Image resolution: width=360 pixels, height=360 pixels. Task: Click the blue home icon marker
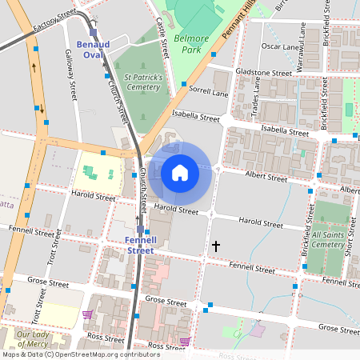[x=180, y=172]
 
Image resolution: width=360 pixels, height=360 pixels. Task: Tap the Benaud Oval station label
[x=94, y=50]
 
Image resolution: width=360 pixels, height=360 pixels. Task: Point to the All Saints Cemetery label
[x=328, y=240]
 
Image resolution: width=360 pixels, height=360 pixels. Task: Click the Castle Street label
[x=163, y=35]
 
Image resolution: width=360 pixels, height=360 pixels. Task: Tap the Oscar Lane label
[x=281, y=46]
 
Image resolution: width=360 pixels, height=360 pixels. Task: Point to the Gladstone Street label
[x=264, y=72]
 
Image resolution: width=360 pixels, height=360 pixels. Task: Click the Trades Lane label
[x=256, y=102]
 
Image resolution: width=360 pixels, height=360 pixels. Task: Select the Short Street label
[x=350, y=238]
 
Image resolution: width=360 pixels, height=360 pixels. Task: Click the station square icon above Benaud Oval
[x=94, y=33]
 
